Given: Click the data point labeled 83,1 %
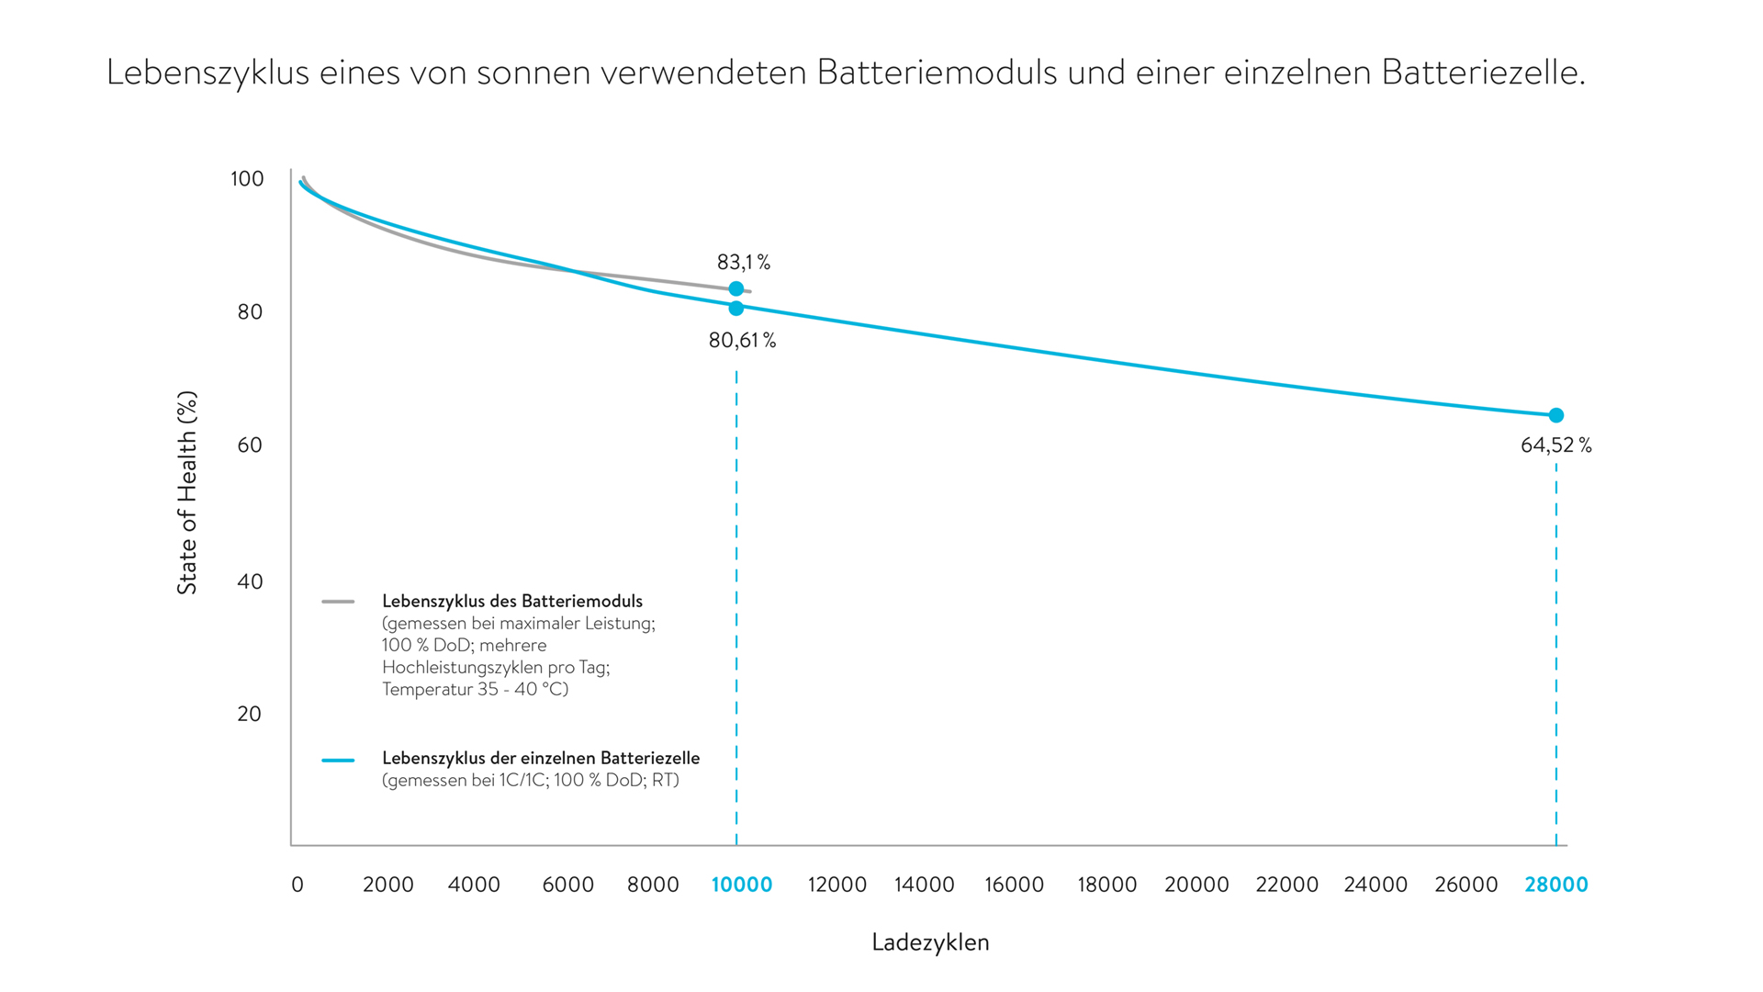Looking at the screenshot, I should tap(736, 288).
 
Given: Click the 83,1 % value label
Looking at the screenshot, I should tap(743, 263).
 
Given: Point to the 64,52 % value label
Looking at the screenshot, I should tap(1555, 445).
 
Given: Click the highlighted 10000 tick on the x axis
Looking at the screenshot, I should tap(742, 885).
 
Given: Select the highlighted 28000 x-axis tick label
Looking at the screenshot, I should tap(1555, 885).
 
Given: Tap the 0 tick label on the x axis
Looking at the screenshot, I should tap(298, 885).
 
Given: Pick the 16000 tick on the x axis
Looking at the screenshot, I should tap(1014, 885).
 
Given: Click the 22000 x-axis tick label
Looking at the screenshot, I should tap(1286, 885).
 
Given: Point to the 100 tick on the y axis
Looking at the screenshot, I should tap(247, 179).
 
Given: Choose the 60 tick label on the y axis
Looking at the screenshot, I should tap(250, 445).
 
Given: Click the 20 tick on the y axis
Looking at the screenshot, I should tap(250, 714).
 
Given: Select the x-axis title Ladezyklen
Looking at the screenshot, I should tap(930, 942).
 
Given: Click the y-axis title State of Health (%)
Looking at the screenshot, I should tap(187, 493).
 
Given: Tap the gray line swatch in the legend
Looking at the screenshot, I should tap(338, 602).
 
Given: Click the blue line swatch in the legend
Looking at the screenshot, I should tap(338, 761).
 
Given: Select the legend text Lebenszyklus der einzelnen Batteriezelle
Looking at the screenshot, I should tap(541, 759).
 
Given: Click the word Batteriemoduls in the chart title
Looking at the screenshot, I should tap(937, 73).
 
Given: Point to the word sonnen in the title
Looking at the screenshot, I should tap(533, 73).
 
